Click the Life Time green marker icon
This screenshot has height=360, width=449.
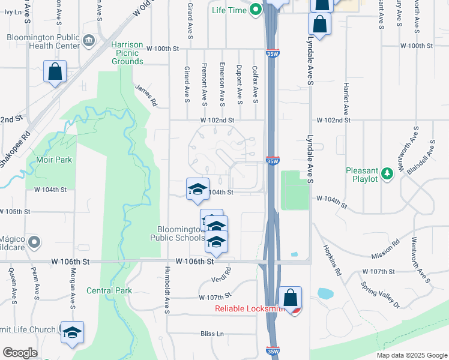coord(256,9)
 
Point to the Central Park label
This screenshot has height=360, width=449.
coord(109,291)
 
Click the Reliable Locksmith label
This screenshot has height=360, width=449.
coord(250,309)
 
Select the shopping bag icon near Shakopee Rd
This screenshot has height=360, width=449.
coord(55,71)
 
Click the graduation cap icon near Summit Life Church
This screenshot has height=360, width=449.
coord(72,332)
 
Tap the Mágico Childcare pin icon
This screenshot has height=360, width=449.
coord(35,243)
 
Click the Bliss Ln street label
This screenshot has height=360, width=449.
coord(212,333)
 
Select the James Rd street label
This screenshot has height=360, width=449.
coord(146,95)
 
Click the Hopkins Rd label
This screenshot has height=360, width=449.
coord(331,260)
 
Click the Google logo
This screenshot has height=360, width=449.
coord(20,353)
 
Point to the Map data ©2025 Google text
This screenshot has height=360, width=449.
coord(411,355)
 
